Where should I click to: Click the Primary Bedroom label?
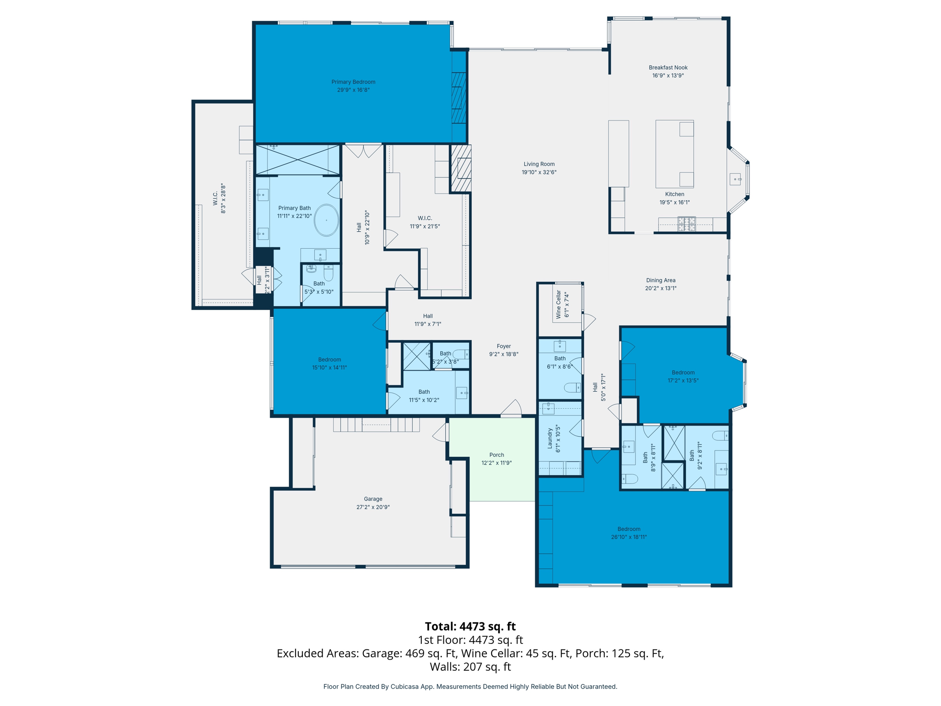(353, 82)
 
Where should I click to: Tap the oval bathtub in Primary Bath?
(326, 220)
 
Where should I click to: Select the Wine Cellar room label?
(559, 304)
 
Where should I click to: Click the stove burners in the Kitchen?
(686, 224)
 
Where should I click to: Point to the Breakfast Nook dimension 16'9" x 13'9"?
(668, 76)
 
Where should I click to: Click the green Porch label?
(496, 455)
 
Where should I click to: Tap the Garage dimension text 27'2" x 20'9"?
(373, 507)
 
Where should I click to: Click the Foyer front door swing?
(511, 409)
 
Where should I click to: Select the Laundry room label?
(550, 440)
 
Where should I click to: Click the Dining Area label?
(660, 280)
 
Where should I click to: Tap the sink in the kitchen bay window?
(736, 179)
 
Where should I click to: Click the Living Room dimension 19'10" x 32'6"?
(539, 172)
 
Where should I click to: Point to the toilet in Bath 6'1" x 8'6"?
(573, 388)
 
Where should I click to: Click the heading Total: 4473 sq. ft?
(470, 626)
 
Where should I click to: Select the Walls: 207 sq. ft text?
(470, 666)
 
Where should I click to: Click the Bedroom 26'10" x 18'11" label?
(629, 529)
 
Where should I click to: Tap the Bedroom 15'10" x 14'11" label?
(329, 359)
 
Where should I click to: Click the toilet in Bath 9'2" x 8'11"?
(720, 435)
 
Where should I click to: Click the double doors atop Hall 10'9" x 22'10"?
(363, 150)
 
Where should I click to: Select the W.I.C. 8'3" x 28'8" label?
(215, 198)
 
